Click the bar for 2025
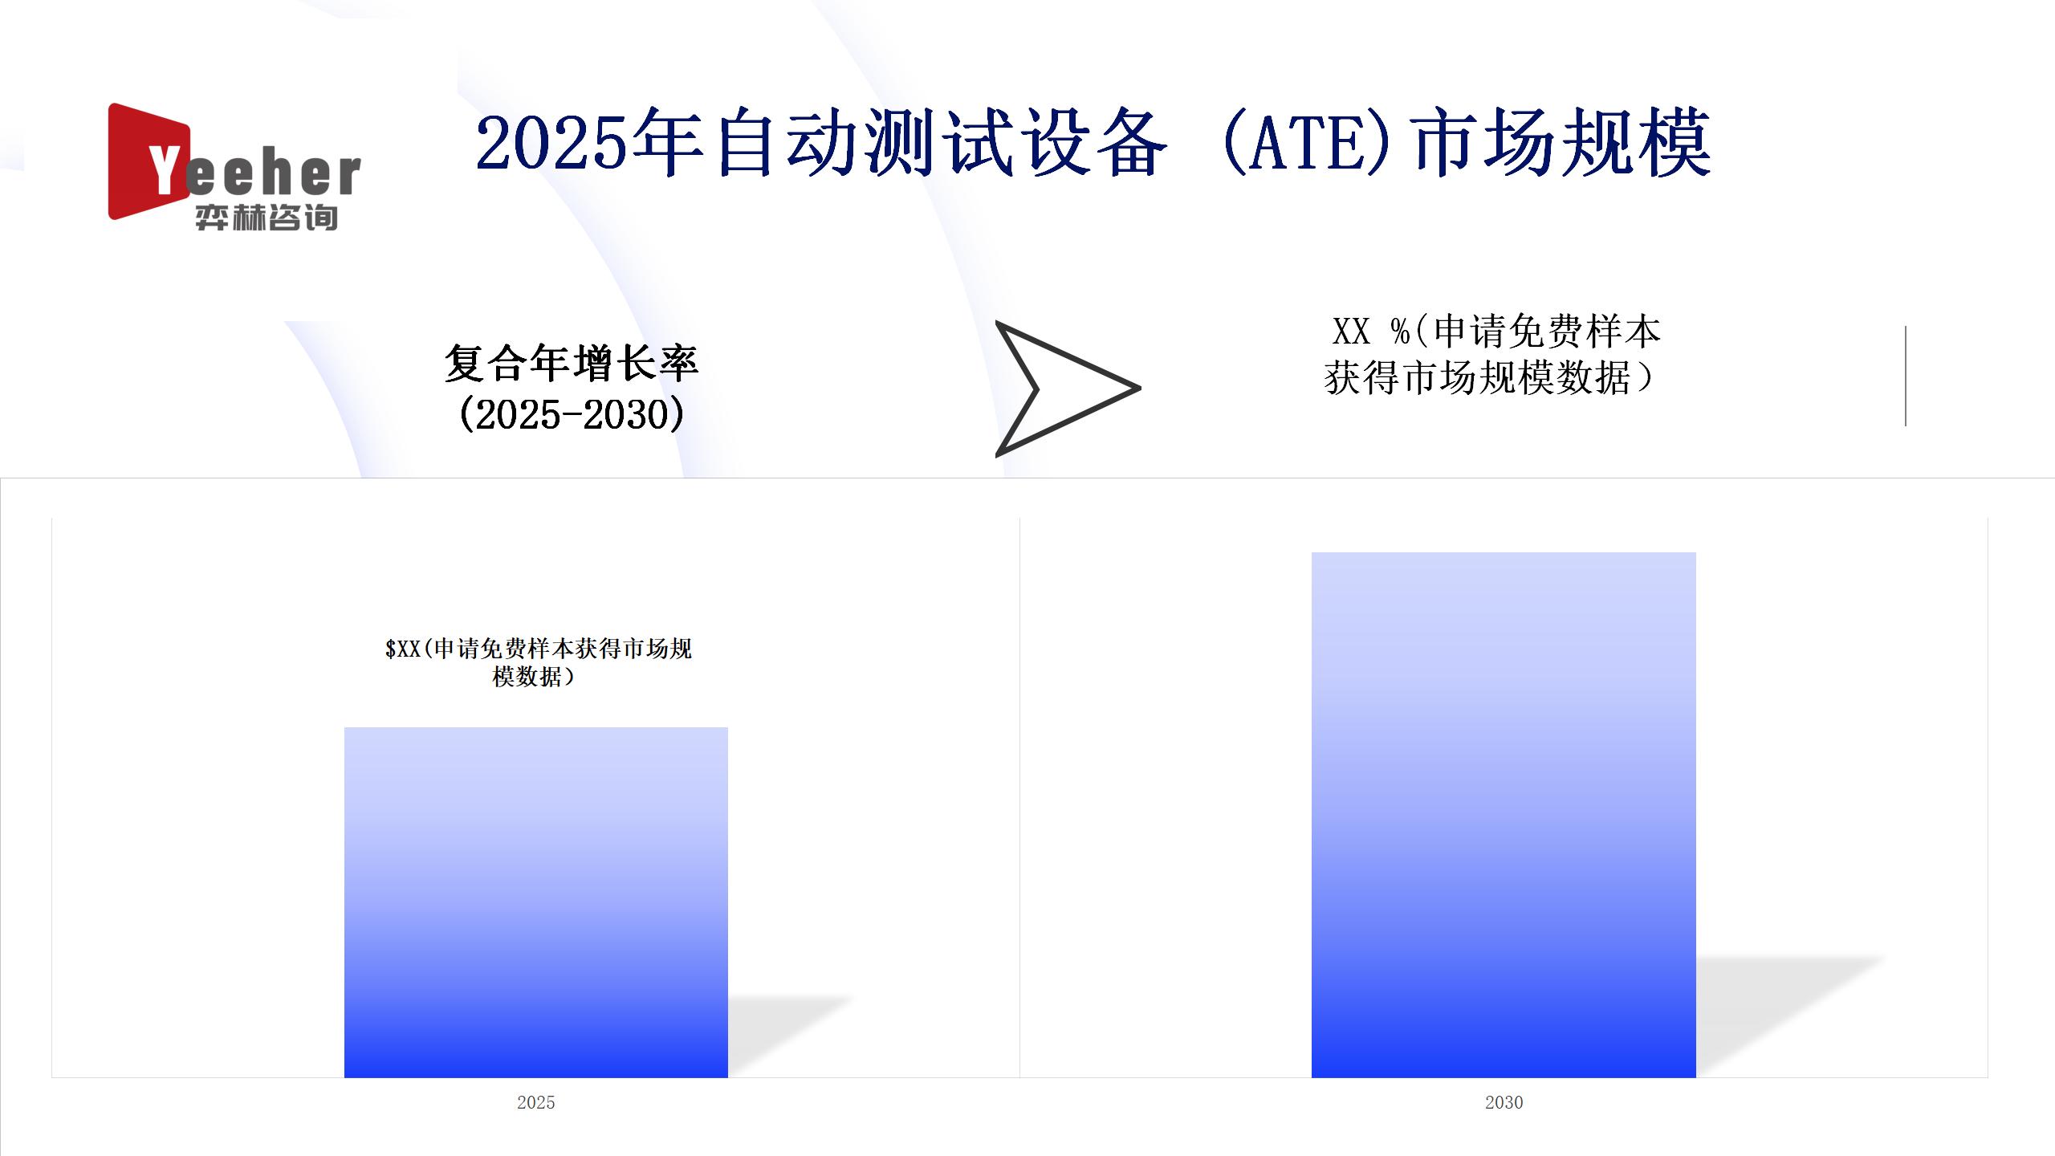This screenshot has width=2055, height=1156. pos(536,902)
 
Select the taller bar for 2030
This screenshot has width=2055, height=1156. pos(1504,815)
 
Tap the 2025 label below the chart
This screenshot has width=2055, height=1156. pos(536,1102)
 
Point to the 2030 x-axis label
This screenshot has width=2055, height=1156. pos(1504,1102)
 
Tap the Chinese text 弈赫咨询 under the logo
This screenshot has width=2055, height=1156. pos(267,218)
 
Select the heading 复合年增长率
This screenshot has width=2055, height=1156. pos(572,364)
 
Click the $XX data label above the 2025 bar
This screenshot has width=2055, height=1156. pos(538,662)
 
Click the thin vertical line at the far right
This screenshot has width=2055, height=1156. pos(1905,376)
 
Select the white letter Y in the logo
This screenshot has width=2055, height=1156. pos(163,170)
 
